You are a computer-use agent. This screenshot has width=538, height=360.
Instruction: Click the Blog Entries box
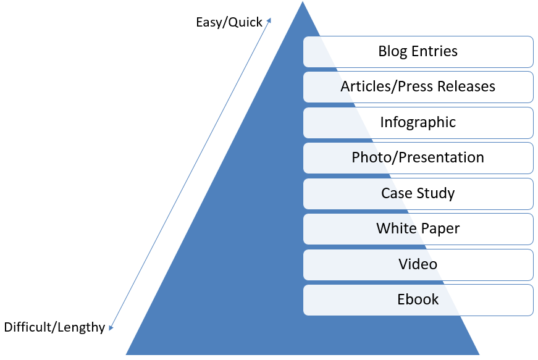point(418,51)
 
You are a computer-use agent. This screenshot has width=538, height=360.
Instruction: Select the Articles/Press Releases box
point(418,86)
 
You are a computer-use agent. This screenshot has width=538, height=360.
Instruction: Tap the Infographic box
point(418,122)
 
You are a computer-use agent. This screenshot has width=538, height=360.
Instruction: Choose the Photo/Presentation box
point(418,157)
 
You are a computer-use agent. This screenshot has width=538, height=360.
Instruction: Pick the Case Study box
point(418,193)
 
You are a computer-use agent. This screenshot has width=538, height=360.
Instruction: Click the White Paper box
point(418,228)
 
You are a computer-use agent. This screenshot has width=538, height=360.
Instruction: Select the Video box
point(418,264)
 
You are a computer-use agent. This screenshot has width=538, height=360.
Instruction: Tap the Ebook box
point(418,299)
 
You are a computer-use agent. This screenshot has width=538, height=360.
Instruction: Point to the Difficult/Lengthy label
point(54,327)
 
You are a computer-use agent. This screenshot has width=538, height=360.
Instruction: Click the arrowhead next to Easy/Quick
point(269,21)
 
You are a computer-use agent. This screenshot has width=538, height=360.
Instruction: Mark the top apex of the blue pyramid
point(303,2)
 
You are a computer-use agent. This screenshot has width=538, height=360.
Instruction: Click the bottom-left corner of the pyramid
point(127,354)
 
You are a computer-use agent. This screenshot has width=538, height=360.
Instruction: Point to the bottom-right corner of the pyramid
point(479,354)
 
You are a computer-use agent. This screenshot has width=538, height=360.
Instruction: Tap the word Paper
point(440,228)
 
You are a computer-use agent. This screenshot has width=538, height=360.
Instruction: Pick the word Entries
point(436,51)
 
